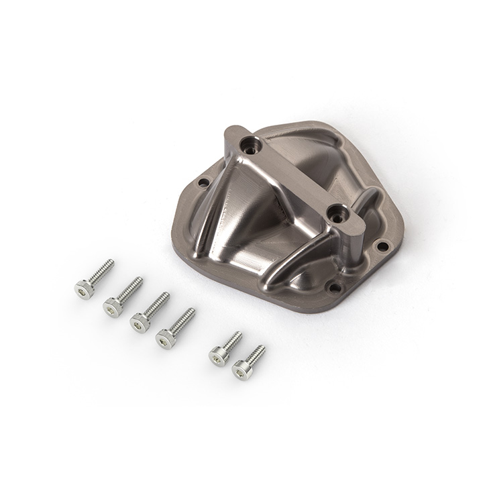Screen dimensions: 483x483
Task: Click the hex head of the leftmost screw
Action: click(83, 289)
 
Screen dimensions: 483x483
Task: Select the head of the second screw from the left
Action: click(112, 307)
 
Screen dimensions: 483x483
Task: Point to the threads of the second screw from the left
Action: click(130, 288)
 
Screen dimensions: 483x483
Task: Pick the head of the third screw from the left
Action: click(139, 323)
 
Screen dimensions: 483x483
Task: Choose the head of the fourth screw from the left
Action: click(165, 339)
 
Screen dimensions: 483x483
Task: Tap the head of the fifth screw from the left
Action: click(218, 356)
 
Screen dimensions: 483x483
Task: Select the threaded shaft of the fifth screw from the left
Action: click(232, 341)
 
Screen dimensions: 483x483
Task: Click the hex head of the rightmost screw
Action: click(242, 370)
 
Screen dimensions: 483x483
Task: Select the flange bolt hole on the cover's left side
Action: click(202, 182)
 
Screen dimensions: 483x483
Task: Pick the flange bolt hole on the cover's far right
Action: click(382, 246)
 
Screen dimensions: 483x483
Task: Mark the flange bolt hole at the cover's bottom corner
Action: click(333, 288)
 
